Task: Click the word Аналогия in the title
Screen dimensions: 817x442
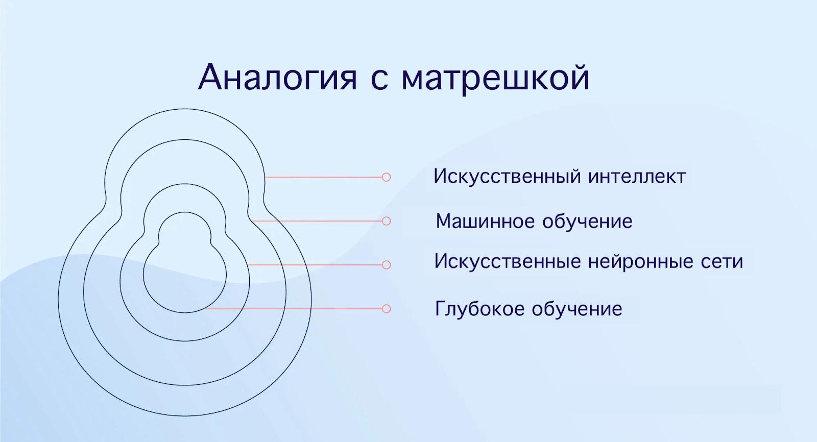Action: [x=277, y=78]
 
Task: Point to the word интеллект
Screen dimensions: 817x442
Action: [x=638, y=177]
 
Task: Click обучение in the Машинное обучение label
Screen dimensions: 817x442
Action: [x=588, y=221]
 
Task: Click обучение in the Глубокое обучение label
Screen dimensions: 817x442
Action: [x=577, y=309]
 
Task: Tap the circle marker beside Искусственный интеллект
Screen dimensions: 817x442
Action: [x=386, y=177]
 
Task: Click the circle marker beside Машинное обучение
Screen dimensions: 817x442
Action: [x=386, y=221]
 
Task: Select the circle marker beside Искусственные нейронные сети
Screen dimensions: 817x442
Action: [x=386, y=265]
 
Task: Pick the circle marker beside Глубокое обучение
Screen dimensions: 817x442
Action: [x=386, y=309]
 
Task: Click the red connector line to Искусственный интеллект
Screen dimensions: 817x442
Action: [x=323, y=177]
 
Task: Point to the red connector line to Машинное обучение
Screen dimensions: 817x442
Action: [x=317, y=221]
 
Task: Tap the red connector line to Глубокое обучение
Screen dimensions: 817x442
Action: [x=293, y=309]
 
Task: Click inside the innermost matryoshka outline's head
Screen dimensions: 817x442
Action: [x=184, y=230]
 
